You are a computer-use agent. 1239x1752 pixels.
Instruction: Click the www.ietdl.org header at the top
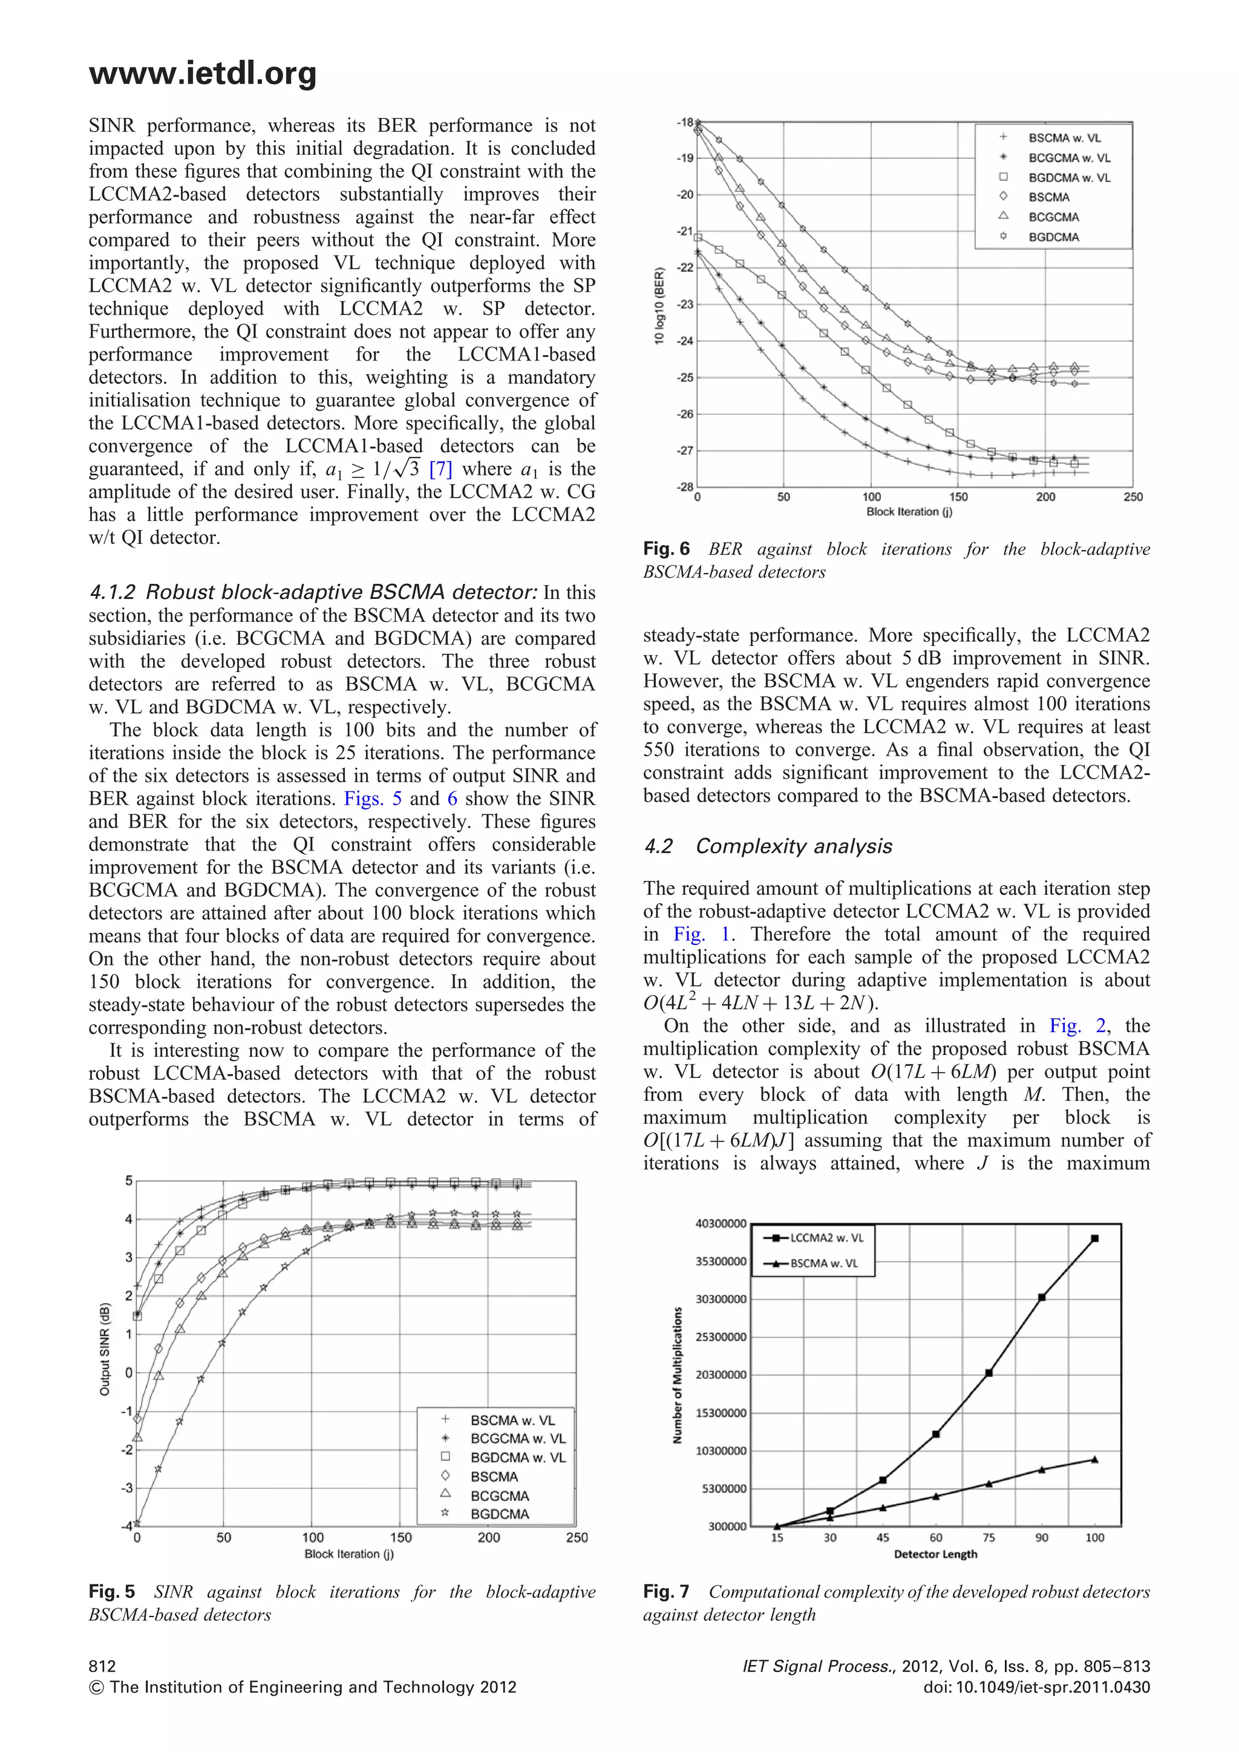[x=202, y=74]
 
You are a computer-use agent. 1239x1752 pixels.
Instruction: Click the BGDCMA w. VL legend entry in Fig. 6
[x=1069, y=178]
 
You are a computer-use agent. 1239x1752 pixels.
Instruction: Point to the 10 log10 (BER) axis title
[x=660, y=306]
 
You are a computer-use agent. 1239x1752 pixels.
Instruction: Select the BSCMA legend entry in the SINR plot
[x=494, y=1477]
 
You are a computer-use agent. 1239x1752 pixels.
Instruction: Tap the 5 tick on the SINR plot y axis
[x=129, y=1180]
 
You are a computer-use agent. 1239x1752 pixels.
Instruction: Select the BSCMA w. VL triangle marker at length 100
[x=1095, y=1460]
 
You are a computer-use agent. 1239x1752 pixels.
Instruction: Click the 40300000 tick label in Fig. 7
[x=721, y=1223]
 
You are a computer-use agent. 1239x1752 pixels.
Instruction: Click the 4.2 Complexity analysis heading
[x=768, y=846]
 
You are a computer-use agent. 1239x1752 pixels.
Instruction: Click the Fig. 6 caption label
[x=666, y=549]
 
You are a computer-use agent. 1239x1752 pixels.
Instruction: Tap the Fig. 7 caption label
[x=666, y=1592]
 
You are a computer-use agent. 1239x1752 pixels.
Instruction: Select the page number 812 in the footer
[x=102, y=1667]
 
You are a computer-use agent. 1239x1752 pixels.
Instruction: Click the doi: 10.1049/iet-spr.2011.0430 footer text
[x=1036, y=1687]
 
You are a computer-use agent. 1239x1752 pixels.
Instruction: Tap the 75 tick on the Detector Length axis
[x=989, y=1538]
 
